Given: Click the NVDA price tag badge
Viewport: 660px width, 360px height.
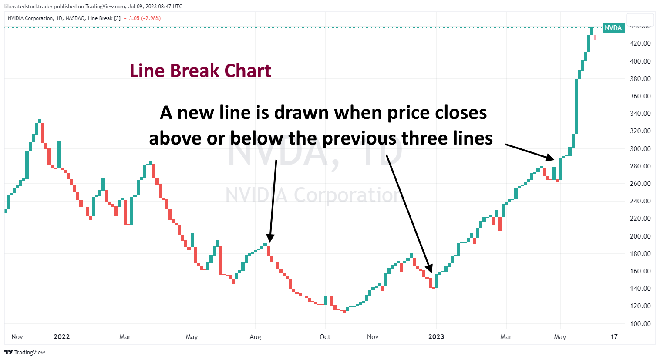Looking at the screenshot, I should (613, 28).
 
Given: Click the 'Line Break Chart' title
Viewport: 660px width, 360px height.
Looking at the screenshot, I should (200, 71).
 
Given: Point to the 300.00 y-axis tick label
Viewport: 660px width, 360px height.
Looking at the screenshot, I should (640, 148).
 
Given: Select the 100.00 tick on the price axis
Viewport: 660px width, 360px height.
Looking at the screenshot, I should (640, 323).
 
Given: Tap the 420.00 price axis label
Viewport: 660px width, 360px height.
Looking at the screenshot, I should (640, 44).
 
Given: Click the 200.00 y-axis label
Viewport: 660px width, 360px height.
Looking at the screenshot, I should (640, 236).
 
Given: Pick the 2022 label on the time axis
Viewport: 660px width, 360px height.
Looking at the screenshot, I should (61, 336).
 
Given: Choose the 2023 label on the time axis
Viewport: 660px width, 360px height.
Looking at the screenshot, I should (436, 336).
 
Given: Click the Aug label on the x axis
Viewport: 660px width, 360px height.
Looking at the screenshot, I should (255, 336).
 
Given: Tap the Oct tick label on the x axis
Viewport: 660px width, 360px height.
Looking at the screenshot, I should (325, 336).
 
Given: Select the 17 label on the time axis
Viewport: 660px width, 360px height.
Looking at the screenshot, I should (614, 336).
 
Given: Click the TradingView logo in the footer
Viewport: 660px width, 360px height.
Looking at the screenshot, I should (25, 352).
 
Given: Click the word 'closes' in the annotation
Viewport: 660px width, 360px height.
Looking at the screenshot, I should (461, 113).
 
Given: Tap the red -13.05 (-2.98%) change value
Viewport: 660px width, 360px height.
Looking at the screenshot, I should (142, 18).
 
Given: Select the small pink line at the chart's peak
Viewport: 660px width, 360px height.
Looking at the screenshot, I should (595, 37).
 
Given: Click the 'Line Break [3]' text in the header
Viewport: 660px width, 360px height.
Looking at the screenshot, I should (104, 18).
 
